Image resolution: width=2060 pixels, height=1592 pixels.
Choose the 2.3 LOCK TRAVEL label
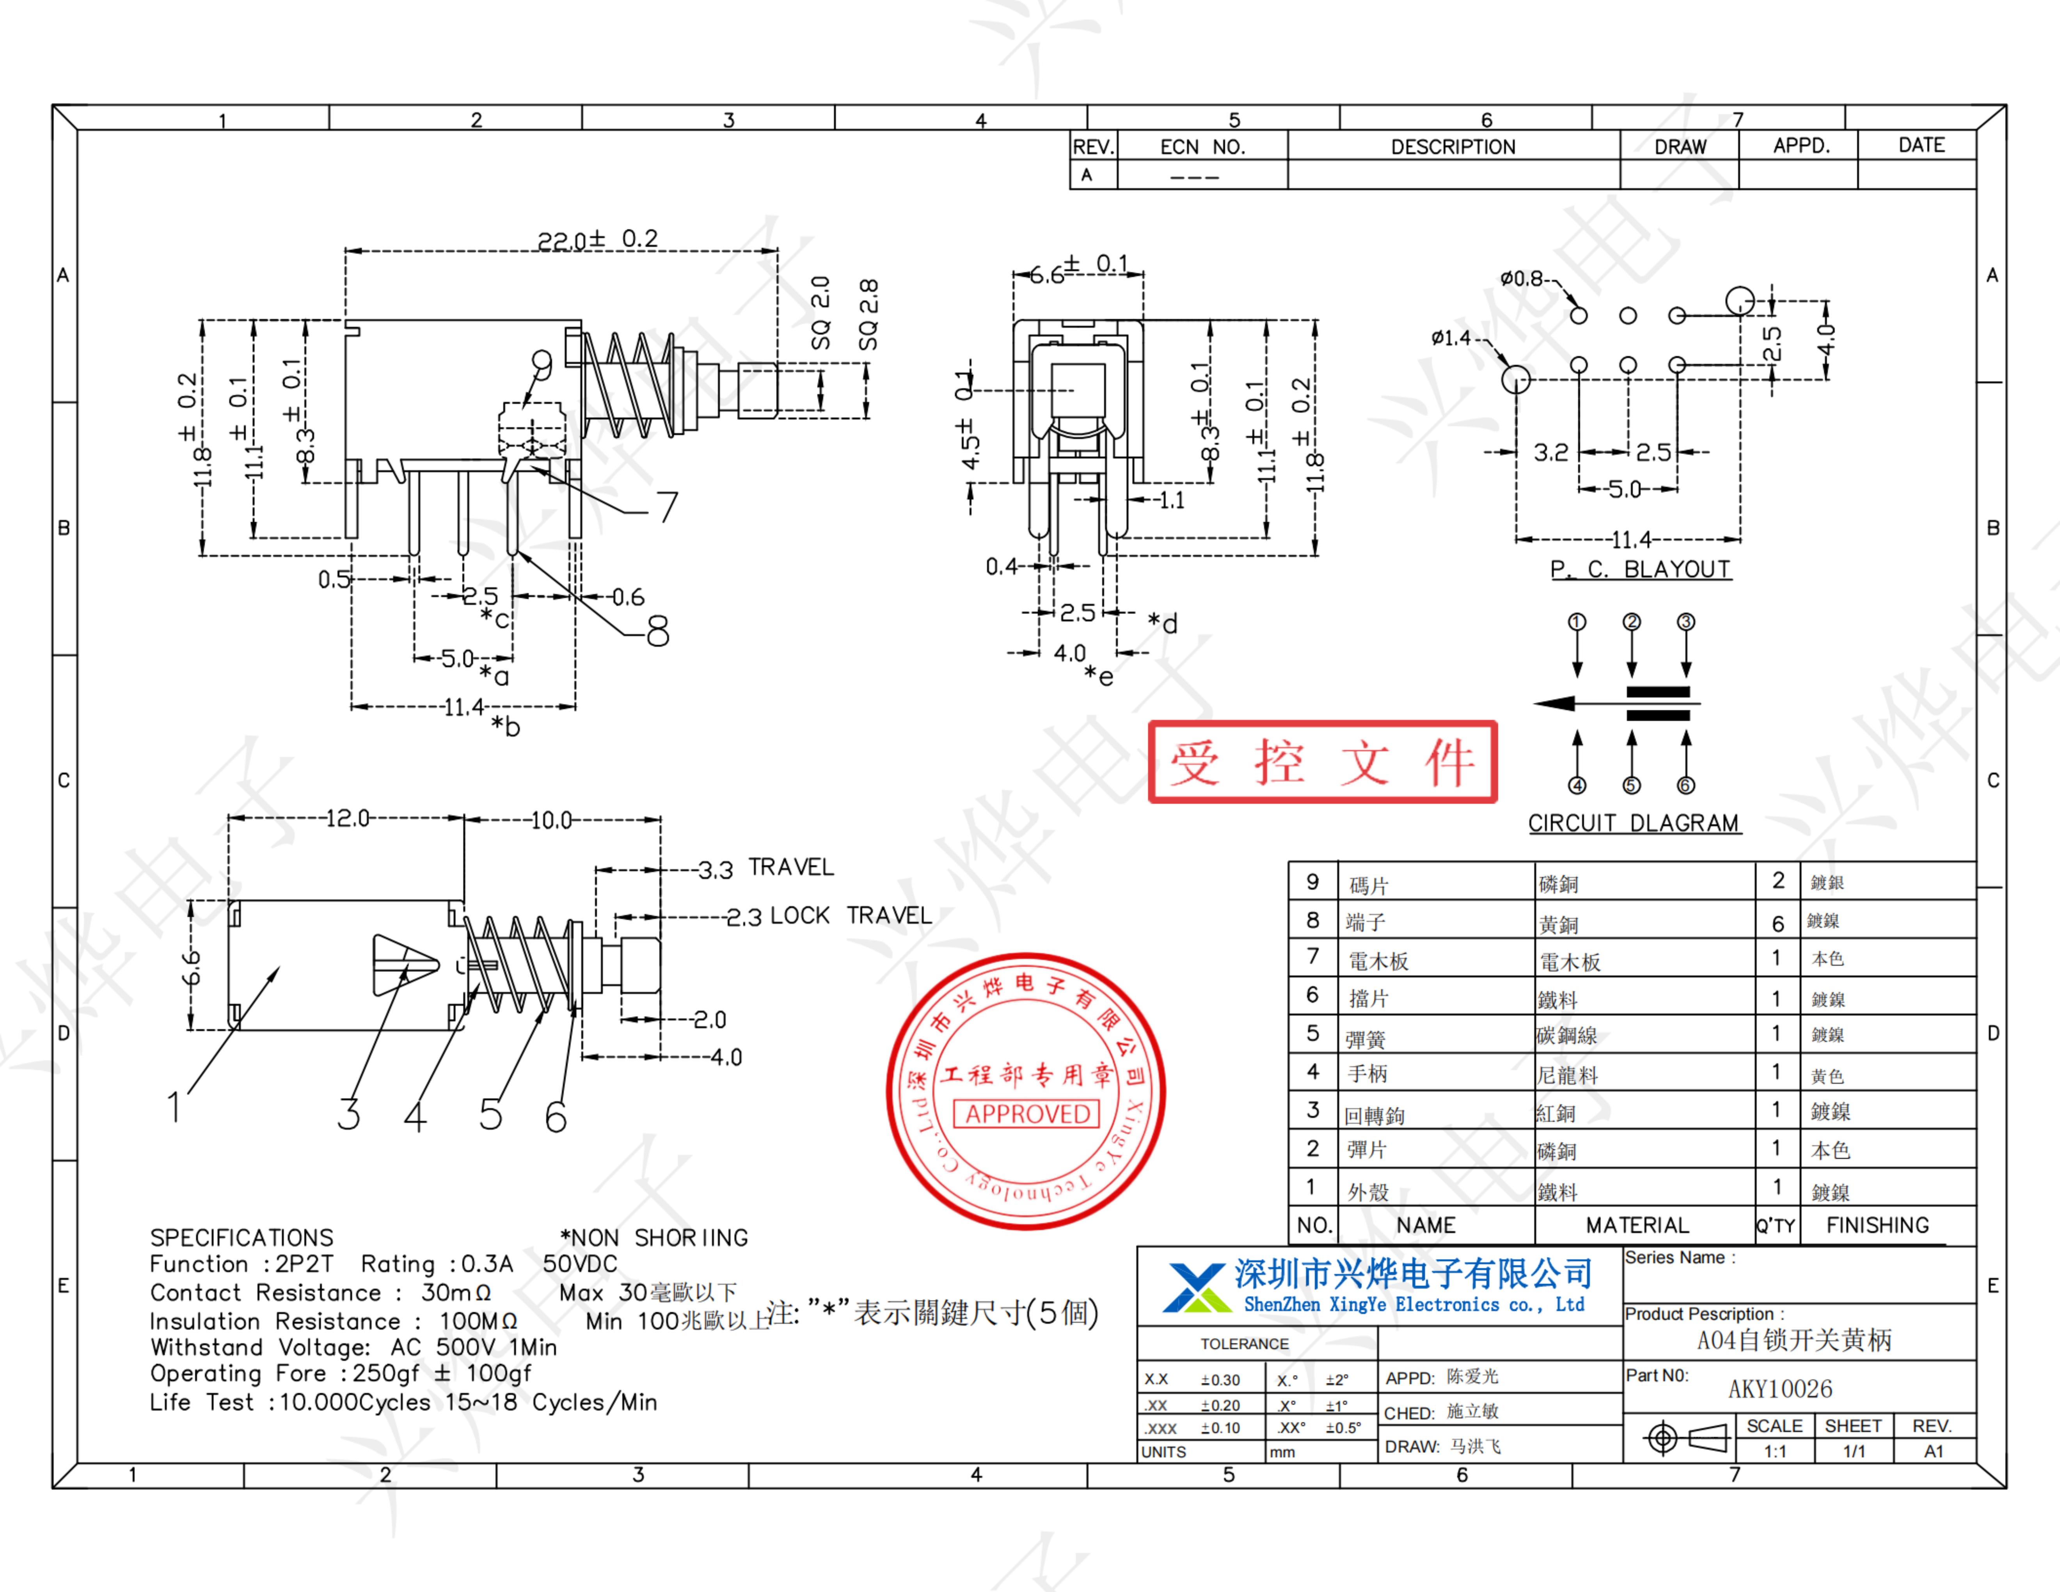click(x=828, y=916)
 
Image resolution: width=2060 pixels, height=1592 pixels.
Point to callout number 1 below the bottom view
click(x=174, y=1106)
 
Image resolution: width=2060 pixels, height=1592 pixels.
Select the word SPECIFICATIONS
click(x=242, y=1237)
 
